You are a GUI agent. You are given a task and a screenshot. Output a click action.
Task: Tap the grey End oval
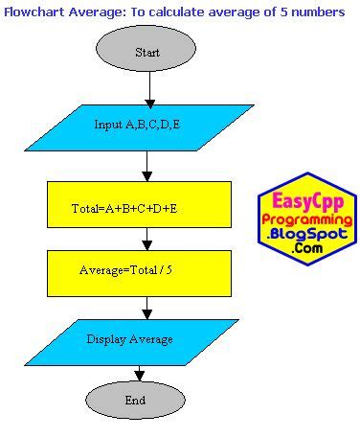[x=136, y=400]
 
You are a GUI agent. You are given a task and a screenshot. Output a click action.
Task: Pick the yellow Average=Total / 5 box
[x=138, y=271]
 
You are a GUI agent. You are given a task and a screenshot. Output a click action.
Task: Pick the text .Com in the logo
[x=308, y=249]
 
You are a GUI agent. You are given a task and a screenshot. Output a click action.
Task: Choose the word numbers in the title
[x=317, y=11]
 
